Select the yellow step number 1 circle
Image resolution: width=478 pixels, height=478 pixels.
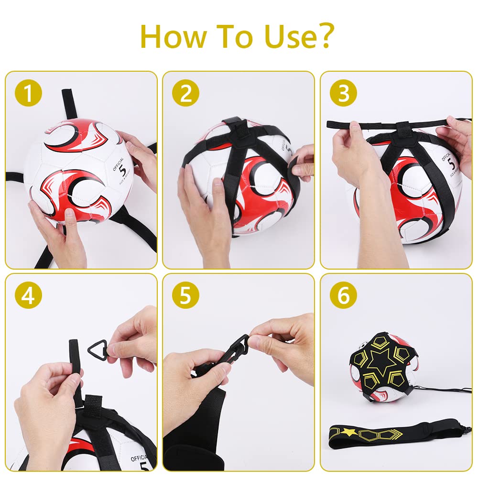coord(28,93)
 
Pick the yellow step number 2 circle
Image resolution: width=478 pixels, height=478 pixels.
coord(185,93)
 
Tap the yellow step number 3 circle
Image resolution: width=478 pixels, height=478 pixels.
coord(343,93)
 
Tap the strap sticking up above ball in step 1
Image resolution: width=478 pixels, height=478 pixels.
coord(72,103)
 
